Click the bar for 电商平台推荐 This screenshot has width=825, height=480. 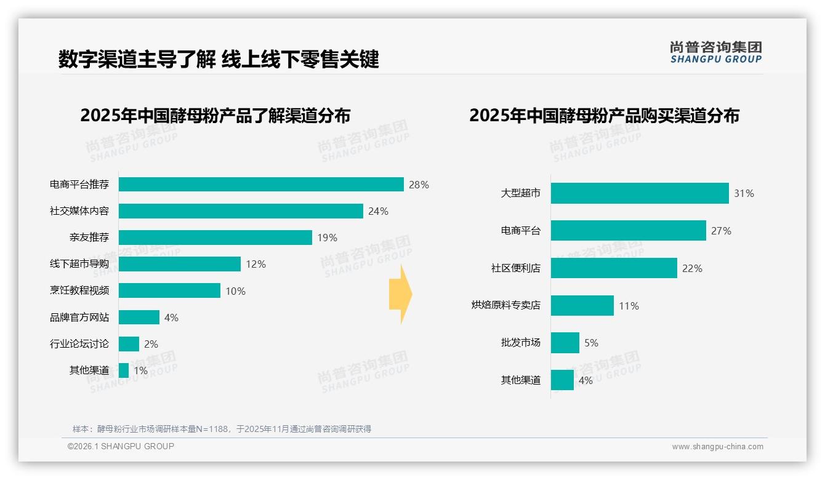click(261, 185)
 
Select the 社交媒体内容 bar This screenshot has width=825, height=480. click(241, 211)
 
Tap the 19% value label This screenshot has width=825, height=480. click(327, 238)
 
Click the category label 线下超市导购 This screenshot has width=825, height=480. click(79, 264)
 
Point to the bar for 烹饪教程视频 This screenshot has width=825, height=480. click(169, 290)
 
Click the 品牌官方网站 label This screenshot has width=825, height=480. click(79, 318)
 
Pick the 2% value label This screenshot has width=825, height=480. click(151, 344)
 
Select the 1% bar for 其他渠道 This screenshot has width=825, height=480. click(124, 370)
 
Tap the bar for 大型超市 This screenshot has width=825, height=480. click(640, 193)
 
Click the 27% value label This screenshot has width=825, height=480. click(721, 231)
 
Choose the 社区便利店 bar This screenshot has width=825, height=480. click(614, 268)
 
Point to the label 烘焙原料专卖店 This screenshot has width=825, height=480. click(506, 305)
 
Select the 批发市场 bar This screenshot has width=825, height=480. click(565, 343)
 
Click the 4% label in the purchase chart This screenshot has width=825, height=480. click(585, 380)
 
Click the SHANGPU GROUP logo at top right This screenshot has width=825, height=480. click(715, 52)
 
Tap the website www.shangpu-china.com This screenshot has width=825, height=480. click(717, 447)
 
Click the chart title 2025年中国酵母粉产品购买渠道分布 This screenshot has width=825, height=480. click(604, 116)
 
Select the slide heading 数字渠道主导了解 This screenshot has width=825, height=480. click(137, 59)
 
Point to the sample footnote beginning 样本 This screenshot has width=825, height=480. click(222, 429)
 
